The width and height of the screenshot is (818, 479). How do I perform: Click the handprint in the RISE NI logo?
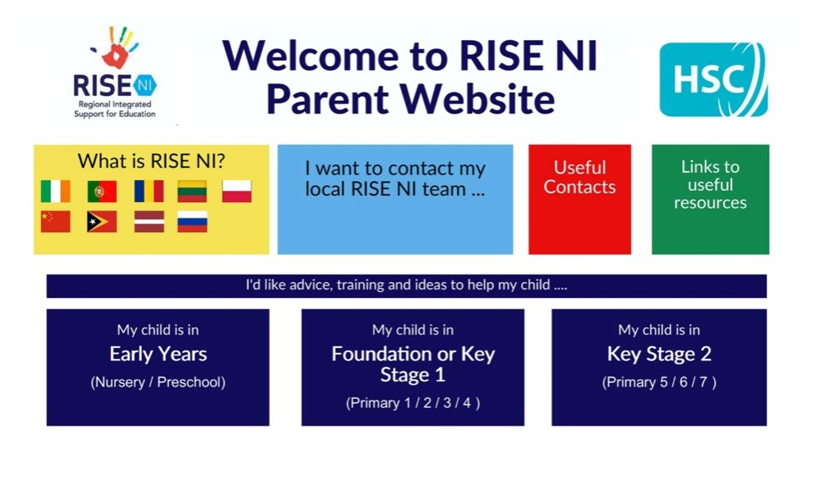(x=116, y=49)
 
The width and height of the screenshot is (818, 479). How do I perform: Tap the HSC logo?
(x=713, y=79)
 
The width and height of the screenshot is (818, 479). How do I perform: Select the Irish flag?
(x=56, y=191)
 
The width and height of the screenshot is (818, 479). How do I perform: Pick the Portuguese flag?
(x=102, y=191)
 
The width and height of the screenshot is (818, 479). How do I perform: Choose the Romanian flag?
(x=149, y=191)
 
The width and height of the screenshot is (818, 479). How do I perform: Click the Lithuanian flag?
(x=192, y=191)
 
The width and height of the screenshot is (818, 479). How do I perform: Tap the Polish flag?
(x=237, y=191)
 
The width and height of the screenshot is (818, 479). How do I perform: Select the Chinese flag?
(x=56, y=222)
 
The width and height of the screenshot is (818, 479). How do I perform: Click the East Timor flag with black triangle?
(x=102, y=222)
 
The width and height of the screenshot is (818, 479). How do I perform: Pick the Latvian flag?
(x=149, y=222)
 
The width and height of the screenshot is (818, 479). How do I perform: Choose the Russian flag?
(x=192, y=222)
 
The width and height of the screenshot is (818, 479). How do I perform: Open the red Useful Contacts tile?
(x=579, y=199)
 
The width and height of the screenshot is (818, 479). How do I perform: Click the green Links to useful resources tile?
(x=710, y=199)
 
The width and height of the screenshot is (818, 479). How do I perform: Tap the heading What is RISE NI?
(x=151, y=161)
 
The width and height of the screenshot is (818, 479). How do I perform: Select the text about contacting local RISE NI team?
(x=395, y=179)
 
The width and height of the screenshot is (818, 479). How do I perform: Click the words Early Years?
(x=158, y=355)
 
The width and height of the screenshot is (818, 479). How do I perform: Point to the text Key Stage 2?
(x=659, y=355)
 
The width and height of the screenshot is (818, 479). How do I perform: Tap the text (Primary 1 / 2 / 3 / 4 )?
(x=412, y=403)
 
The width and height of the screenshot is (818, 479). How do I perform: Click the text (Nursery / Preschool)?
(x=158, y=382)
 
